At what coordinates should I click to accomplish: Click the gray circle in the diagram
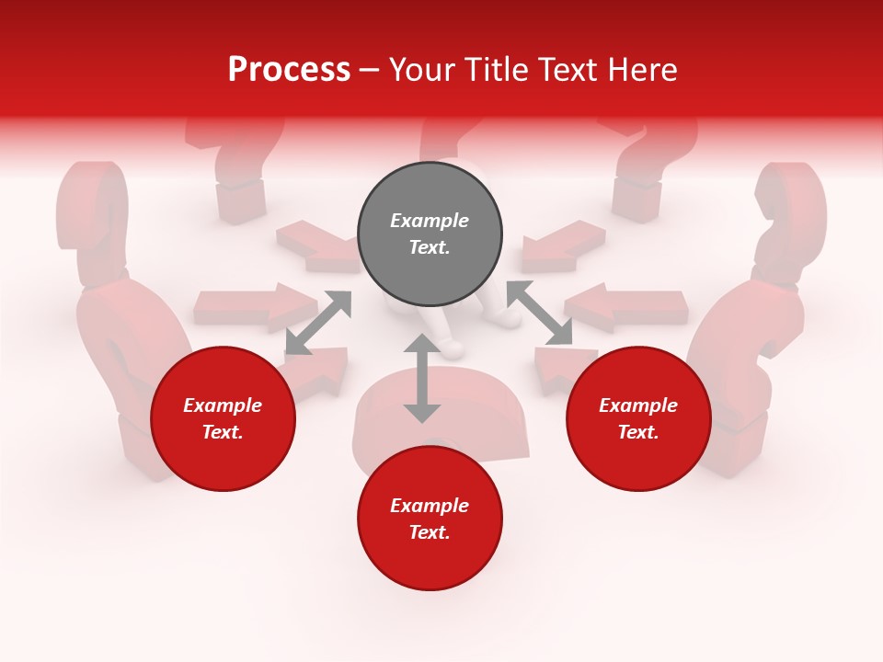[430, 234]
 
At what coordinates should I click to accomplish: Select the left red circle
[223, 418]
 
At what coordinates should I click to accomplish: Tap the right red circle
[638, 418]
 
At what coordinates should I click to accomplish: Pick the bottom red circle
[430, 519]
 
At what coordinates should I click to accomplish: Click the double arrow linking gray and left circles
[318, 322]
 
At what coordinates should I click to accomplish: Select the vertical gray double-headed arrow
[421, 378]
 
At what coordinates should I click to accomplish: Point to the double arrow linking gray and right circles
[540, 313]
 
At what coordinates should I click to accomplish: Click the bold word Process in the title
[289, 69]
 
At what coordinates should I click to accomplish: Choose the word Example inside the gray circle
[430, 221]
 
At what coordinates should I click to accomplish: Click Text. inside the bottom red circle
[430, 532]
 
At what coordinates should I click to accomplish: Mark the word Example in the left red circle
[223, 405]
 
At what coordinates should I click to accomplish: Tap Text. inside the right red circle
[638, 432]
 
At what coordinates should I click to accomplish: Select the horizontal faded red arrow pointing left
[628, 307]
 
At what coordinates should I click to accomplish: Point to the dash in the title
[370, 70]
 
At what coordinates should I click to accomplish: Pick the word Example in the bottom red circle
[430, 506]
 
